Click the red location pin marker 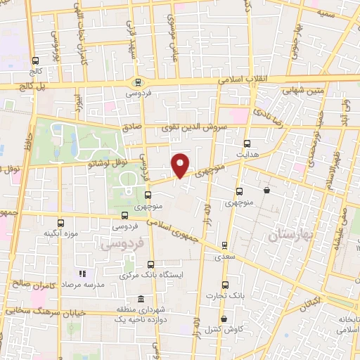tap(181, 165)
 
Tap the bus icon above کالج tap(36, 60)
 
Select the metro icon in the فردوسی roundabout tap(139, 82)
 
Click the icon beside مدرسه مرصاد tap(82, 273)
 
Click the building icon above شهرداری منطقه tap(141, 299)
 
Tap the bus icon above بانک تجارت tap(225, 285)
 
